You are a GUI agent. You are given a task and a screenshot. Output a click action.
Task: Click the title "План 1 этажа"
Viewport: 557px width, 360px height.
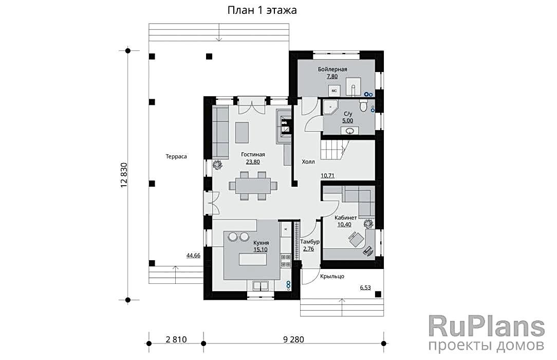tap(262, 10)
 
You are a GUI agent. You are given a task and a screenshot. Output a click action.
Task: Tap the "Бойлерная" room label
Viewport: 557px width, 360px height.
tap(332, 69)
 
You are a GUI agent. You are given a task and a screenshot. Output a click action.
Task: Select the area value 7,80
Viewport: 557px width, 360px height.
tap(332, 77)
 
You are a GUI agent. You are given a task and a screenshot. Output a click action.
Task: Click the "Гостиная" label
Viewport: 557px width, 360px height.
tap(253, 155)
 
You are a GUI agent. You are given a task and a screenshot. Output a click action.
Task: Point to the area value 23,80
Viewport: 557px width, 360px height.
tap(253, 161)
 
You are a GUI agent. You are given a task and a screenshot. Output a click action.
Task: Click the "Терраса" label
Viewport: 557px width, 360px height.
tap(176, 156)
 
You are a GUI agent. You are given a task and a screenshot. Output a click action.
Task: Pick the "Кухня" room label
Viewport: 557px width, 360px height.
tap(261, 243)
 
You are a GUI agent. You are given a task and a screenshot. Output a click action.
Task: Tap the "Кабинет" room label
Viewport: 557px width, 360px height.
tap(346, 218)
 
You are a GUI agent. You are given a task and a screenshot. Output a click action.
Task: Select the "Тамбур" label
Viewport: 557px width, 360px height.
tap(310, 242)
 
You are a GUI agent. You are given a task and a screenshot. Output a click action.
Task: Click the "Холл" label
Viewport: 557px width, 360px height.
tap(308, 161)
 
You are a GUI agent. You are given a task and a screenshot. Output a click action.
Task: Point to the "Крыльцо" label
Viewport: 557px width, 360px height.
tap(332, 277)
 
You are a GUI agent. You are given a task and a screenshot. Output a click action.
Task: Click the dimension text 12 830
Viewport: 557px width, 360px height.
tap(124, 175)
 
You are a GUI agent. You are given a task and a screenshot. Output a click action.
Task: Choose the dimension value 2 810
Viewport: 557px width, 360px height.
tap(176, 340)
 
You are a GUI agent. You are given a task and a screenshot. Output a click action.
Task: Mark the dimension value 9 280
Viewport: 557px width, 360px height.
tap(293, 340)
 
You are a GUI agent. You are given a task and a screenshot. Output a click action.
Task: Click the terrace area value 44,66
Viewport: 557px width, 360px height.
tap(193, 256)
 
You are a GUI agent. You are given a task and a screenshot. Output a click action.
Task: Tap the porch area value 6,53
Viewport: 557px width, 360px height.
tap(365, 287)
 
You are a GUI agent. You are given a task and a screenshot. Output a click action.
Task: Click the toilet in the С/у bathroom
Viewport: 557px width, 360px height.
tap(363, 105)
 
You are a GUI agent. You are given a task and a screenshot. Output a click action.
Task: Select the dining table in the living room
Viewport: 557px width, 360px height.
tap(253, 186)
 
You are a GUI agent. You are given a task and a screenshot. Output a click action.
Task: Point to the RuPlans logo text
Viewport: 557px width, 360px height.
tap(487, 327)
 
